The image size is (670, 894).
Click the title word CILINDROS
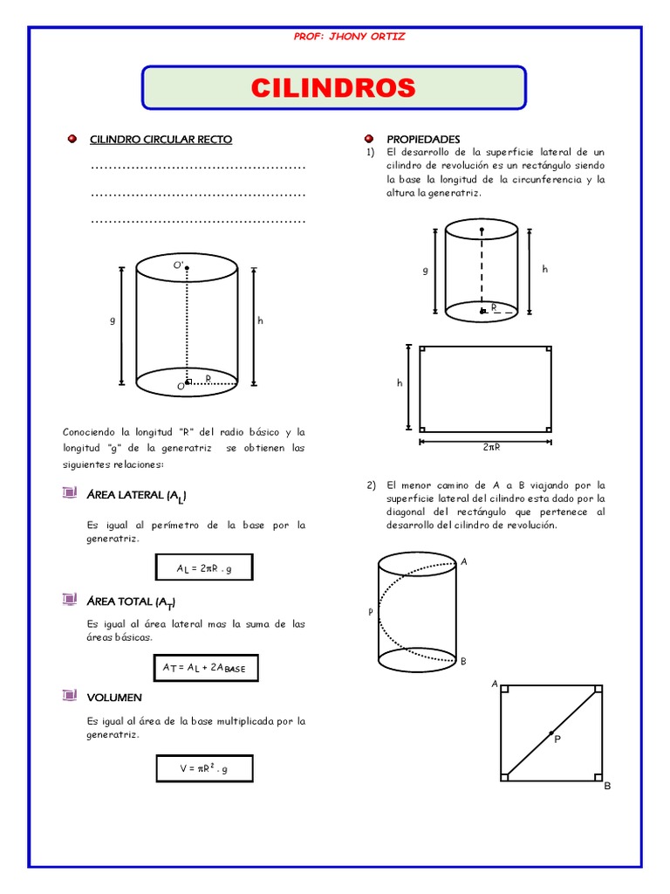pyautogui.click(x=333, y=88)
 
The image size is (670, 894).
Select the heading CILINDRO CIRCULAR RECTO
pyautogui.click(x=161, y=140)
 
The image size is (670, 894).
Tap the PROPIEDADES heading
pyautogui.click(x=423, y=140)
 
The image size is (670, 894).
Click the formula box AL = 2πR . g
pyautogui.click(x=204, y=568)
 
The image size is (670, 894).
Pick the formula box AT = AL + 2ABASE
pyautogui.click(x=205, y=668)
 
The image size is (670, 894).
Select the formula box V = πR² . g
pyautogui.click(x=204, y=768)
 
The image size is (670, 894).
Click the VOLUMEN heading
pyautogui.click(x=114, y=698)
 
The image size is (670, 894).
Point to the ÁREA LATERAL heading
pyautogui.click(x=136, y=496)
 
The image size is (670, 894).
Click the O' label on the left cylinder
pyautogui.click(x=177, y=265)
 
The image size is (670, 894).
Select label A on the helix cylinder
pyautogui.click(x=464, y=561)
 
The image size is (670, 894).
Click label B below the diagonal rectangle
pyautogui.click(x=607, y=786)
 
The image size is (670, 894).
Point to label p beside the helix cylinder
pyautogui.click(x=370, y=612)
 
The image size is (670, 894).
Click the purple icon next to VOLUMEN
pyautogui.click(x=70, y=696)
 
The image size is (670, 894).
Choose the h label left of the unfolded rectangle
pyautogui.click(x=400, y=383)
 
